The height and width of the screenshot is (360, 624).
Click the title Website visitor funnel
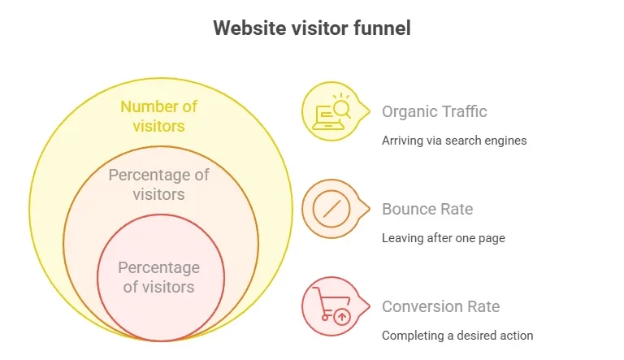(x=311, y=28)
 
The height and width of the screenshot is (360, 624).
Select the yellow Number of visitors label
(x=159, y=116)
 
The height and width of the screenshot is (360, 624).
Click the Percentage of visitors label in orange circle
(x=159, y=184)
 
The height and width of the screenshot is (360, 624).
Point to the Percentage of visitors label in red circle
(x=159, y=277)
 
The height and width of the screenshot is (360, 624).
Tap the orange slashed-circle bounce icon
(x=331, y=209)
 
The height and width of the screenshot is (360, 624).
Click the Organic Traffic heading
(x=435, y=111)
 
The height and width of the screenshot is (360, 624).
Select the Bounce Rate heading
(x=427, y=209)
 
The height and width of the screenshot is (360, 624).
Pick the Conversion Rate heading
(x=441, y=306)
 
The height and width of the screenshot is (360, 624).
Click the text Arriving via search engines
(x=454, y=140)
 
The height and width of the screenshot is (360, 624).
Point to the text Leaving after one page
(x=444, y=238)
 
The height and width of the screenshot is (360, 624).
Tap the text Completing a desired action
(x=457, y=336)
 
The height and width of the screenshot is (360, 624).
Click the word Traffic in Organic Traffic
(x=464, y=111)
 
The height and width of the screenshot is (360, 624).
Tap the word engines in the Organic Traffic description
(x=506, y=141)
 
